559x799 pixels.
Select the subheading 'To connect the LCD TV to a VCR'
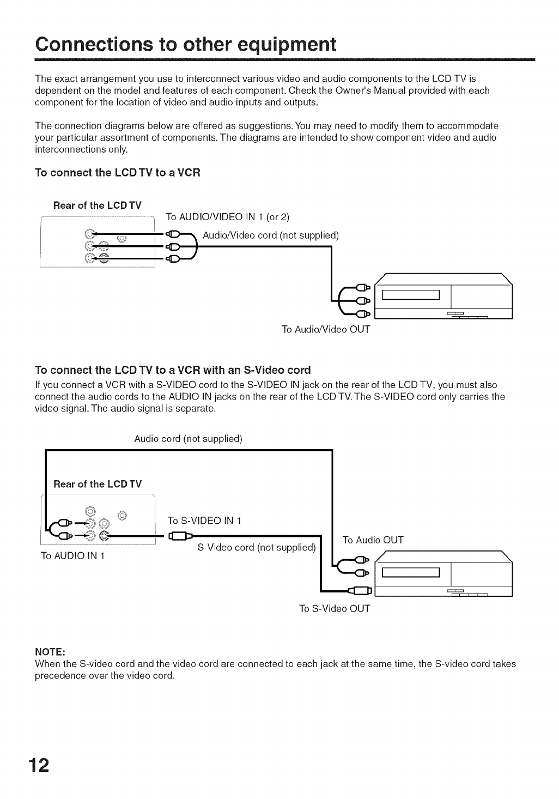pos(118,173)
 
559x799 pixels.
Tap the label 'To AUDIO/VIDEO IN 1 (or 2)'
pos(227,217)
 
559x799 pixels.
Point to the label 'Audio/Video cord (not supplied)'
pos(271,235)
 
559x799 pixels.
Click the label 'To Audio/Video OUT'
pos(326,330)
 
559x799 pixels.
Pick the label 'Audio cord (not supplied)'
pos(188,439)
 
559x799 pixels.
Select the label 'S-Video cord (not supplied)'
pos(257,547)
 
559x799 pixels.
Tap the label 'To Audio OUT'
pos(373,540)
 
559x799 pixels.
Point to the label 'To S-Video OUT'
pos(335,608)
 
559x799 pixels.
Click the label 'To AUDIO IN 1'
pos(73,556)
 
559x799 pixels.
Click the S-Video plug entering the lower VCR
pos(360,590)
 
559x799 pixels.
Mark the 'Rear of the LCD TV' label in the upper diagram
pos(98,205)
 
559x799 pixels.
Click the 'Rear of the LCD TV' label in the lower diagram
pos(98,484)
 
